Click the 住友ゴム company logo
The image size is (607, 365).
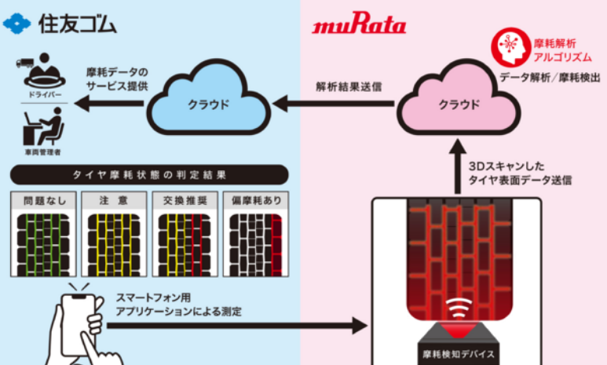[60, 24]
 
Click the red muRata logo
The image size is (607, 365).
[360, 27]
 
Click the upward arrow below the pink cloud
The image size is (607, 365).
[457, 169]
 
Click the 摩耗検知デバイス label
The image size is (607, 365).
[459, 352]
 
